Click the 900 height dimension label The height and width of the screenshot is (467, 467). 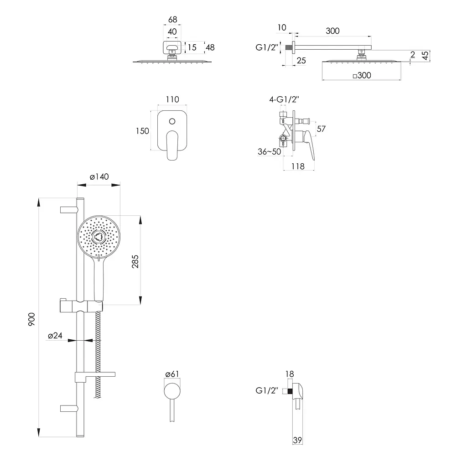[31, 319]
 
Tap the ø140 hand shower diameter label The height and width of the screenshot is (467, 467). [99, 176]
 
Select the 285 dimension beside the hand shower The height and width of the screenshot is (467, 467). [135, 261]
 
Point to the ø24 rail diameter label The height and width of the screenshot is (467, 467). [55, 336]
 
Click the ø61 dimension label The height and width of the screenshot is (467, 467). [172, 374]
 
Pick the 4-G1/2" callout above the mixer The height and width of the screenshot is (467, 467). [284, 99]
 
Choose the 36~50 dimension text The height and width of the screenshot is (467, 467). [269, 151]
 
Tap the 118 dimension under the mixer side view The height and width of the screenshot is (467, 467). [298, 166]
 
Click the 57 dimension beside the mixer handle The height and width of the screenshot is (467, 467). [321, 129]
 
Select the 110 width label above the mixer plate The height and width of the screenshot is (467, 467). [172, 99]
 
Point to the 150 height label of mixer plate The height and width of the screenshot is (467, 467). [142, 131]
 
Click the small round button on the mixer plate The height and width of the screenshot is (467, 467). [172, 121]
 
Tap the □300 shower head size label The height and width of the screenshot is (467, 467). [362, 75]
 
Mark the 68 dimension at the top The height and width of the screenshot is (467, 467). [173, 20]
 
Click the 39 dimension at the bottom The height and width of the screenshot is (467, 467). [297, 440]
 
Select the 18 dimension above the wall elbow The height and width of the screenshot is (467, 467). [290, 374]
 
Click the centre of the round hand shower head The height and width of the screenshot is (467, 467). [99, 237]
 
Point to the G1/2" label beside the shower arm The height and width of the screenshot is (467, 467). [267, 47]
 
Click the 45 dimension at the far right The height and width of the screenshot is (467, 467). [425, 56]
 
